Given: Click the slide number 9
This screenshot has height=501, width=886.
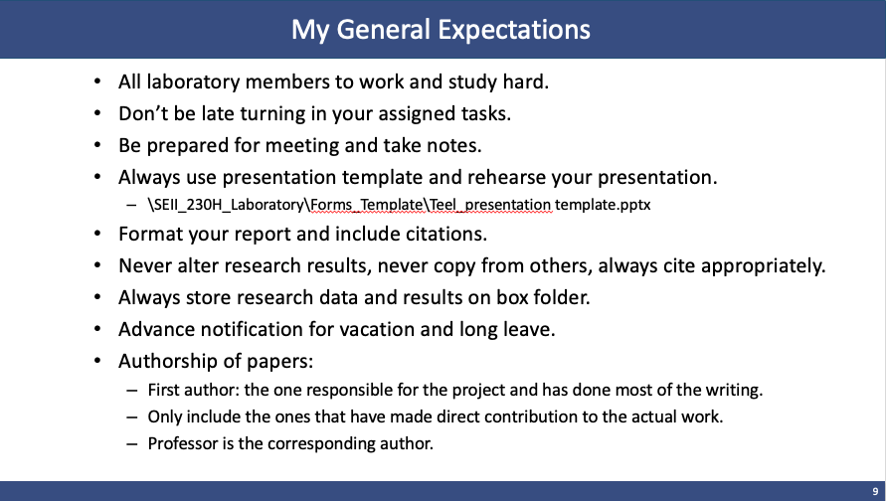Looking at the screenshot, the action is click(x=875, y=491).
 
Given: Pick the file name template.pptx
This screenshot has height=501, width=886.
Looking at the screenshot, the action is click(x=603, y=205).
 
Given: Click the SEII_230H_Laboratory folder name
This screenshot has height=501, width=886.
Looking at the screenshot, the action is click(x=229, y=205).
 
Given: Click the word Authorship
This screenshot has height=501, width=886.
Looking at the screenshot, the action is click(x=168, y=362).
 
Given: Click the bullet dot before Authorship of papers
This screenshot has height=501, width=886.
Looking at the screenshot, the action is click(x=97, y=361).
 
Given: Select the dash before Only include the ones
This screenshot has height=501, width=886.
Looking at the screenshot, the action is click(x=132, y=417).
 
